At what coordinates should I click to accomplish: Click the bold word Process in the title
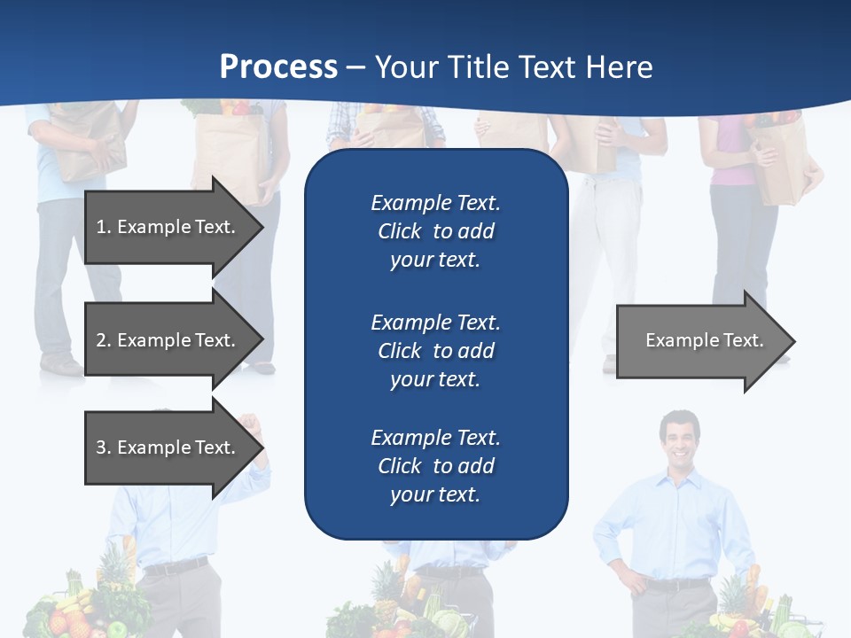click(278, 66)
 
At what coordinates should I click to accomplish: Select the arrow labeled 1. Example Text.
click(168, 227)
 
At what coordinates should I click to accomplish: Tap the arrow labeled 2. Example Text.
click(168, 340)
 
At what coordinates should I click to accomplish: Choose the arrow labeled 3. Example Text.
click(168, 447)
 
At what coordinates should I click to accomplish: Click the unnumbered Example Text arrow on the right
click(700, 340)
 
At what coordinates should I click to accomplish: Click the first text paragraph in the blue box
click(435, 231)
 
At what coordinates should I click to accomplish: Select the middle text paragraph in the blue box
click(435, 351)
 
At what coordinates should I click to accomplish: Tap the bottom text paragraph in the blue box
click(435, 466)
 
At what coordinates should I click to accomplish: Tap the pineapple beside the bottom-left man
click(113, 567)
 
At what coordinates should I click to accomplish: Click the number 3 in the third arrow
click(101, 447)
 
